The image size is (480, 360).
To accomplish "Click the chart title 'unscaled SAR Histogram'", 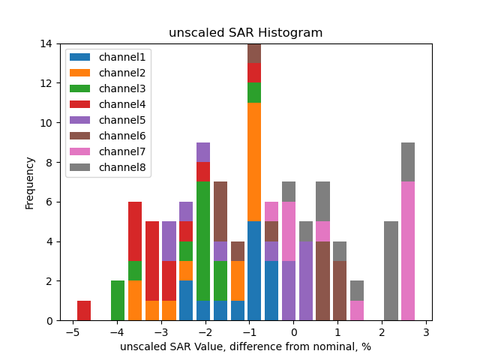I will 245,33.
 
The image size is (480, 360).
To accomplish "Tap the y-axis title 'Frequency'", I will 30,182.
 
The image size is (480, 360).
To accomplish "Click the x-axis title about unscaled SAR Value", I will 245,346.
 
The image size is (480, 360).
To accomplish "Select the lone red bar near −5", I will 84,310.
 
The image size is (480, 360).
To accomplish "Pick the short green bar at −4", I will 118,301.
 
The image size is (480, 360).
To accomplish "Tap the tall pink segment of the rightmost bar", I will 408,251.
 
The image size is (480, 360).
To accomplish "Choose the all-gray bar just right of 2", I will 391,271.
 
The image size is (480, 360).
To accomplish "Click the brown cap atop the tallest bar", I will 254,53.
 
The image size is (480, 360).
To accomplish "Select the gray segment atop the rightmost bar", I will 408,162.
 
